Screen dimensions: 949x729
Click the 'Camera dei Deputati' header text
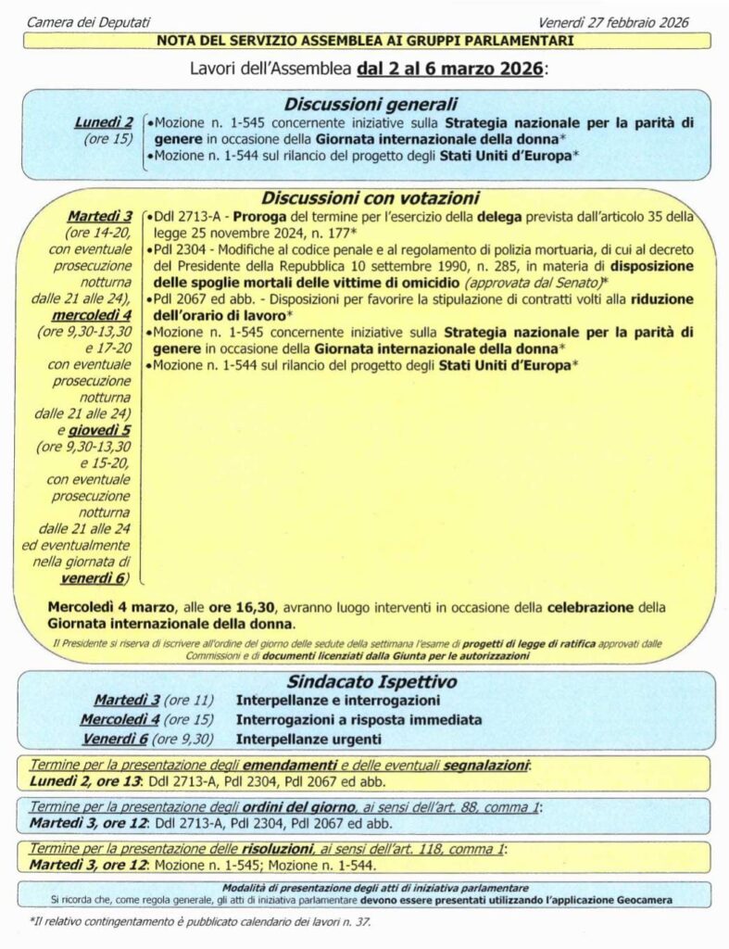pos(88,21)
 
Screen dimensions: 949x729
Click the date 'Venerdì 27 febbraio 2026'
pos(614,21)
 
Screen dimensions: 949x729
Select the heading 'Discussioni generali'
pos(370,104)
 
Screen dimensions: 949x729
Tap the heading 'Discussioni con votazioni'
pos(370,197)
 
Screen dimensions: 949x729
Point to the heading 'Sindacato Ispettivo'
pos(370,682)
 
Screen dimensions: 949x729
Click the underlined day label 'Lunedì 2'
pos(103,122)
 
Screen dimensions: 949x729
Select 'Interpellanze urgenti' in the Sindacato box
pos(309,739)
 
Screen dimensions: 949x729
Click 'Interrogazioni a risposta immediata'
pos(358,719)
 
